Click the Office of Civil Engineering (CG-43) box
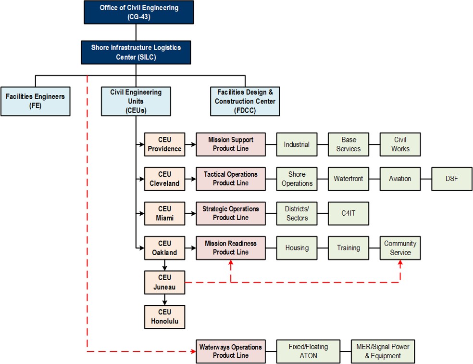coord(138,12)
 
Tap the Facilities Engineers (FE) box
coord(35,101)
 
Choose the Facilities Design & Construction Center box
coord(245,101)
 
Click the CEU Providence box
coord(164,144)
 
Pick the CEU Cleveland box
coord(164,179)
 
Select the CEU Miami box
coord(164,213)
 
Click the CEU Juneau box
coord(164,283)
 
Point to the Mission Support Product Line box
coord(231,144)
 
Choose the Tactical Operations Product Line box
coord(231,179)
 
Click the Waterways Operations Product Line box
coord(231,351)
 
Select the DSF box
coord(452,179)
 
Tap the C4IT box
coord(349,213)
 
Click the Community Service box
coord(400,248)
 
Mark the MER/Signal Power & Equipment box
coord(383,351)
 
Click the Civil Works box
coord(400,144)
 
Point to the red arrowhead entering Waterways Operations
coord(193,351)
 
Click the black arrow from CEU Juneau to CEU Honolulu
coord(164,299)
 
